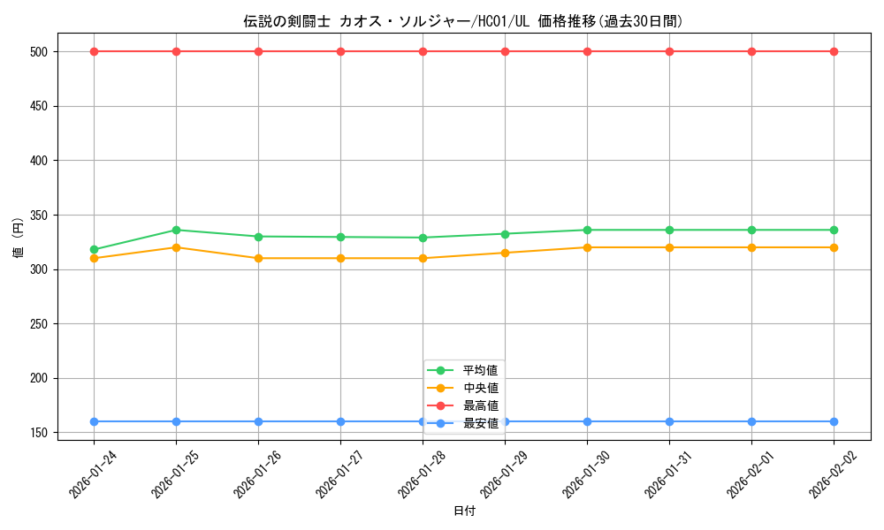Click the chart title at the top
click(x=463, y=21)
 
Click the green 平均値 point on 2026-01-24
click(x=94, y=250)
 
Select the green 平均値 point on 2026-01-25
click(x=176, y=230)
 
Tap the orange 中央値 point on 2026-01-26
click(x=258, y=258)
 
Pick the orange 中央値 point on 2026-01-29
click(x=505, y=253)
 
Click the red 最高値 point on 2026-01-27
click(x=340, y=51)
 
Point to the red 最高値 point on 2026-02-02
click(x=834, y=51)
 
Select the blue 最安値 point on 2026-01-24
click(x=94, y=421)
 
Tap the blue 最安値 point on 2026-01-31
click(x=669, y=421)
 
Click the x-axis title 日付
click(x=464, y=511)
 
